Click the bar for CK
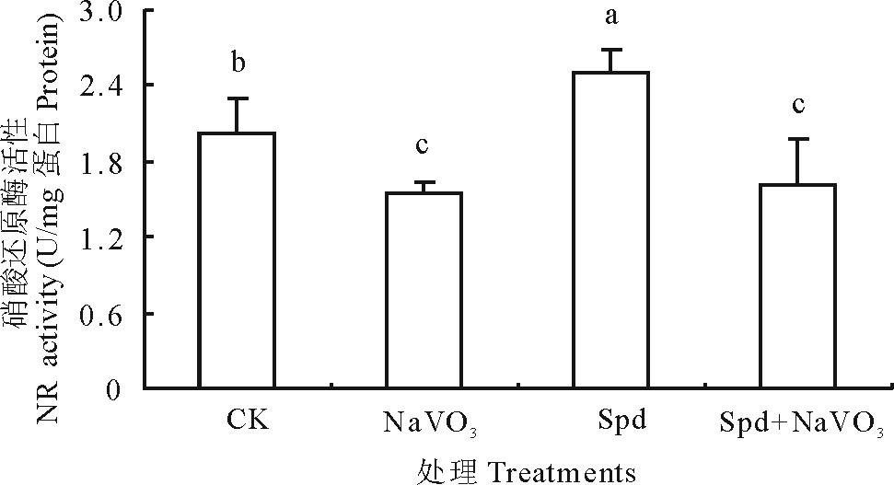[238, 260]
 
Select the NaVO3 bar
[424, 291]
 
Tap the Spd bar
[610, 230]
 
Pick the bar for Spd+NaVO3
[797, 286]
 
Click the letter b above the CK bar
[238, 64]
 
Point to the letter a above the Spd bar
[611, 18]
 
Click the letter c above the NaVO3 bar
[423, 146]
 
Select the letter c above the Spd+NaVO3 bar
[798, 104]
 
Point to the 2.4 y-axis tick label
[102, 86]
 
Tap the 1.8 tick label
[102, 162]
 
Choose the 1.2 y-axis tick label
[102, 237]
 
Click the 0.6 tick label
[102, 314]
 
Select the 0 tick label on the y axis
[114, 389]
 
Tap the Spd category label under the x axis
[619, 421]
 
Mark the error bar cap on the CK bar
[238, 98]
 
